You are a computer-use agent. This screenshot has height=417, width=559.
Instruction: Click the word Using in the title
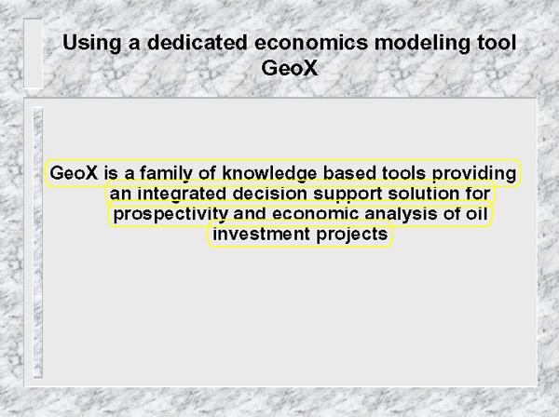pyautogui.click(x=92, y=44)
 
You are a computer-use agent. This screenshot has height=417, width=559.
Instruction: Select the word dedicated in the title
pyautogui.click(x=198, y=42)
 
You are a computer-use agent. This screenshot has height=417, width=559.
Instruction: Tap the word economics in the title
pyautogui.click(x=311, y=43)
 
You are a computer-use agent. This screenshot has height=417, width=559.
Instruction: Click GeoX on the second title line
pyautogui.click(x=290, y=68)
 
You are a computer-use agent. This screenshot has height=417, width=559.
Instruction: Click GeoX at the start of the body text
pyautogui.click(x=74, y=173)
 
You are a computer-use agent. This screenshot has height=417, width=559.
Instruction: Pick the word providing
pyautogui.click(x=474, y=173)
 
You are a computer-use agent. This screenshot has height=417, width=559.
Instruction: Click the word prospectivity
pyautogui.click(x=170, y=214)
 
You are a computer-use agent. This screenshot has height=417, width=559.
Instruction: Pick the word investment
pyautogui.click(x=261, y=234)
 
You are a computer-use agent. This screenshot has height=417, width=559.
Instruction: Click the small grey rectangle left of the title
pyautogui.click(x=34, y=53)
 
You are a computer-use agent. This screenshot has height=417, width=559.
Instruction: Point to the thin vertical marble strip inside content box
pyautogui.click(x=38, y=242)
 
